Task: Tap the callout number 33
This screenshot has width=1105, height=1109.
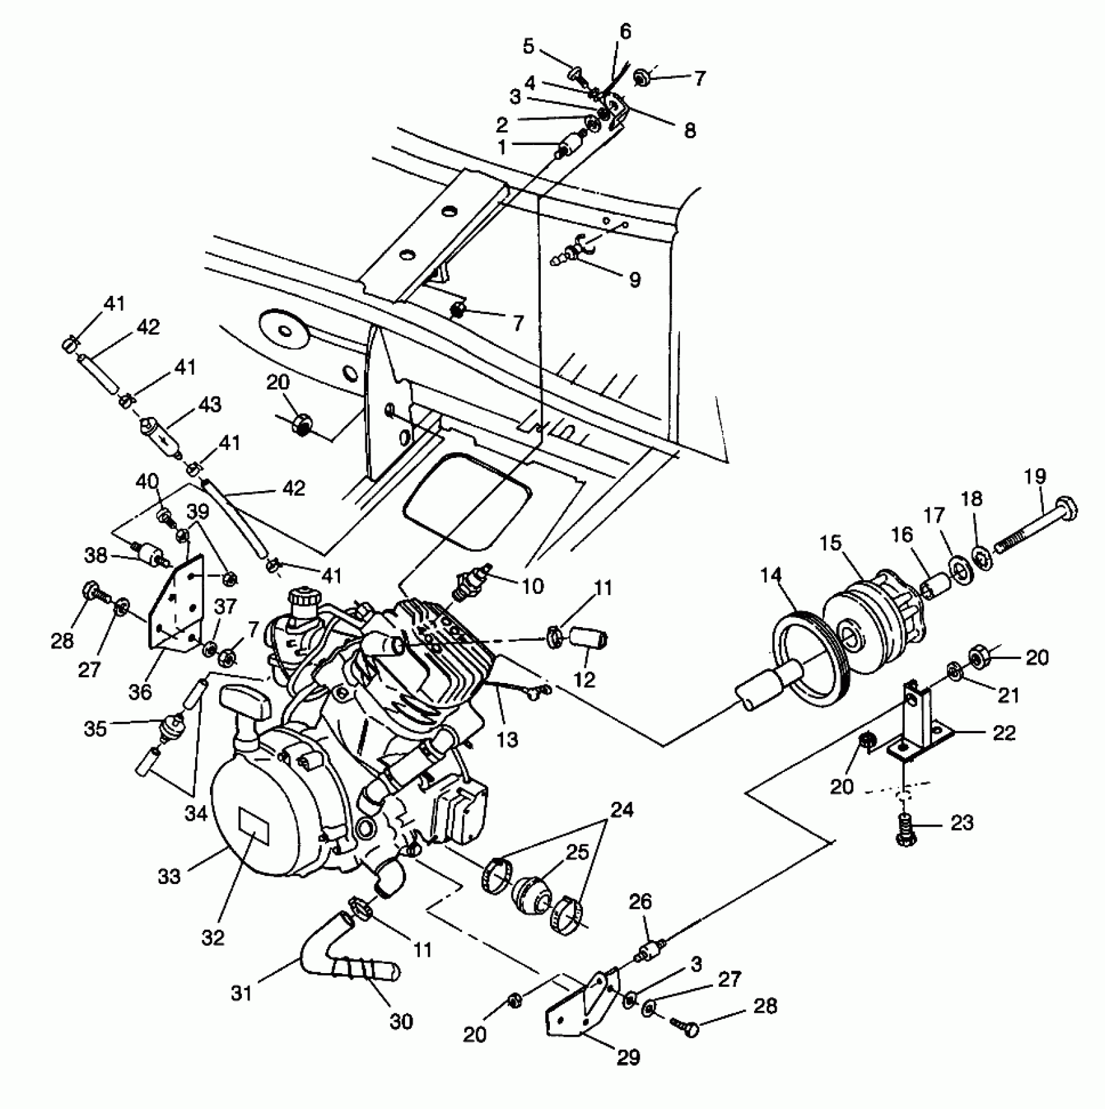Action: coord(170,876)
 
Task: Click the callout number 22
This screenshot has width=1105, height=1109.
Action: coord(1004,733)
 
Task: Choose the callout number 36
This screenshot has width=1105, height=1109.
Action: coord(140,691)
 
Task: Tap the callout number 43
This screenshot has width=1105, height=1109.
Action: coord(209,405)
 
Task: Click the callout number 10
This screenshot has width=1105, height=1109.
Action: coord(532,586)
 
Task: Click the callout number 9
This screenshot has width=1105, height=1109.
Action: coord(634,280)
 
